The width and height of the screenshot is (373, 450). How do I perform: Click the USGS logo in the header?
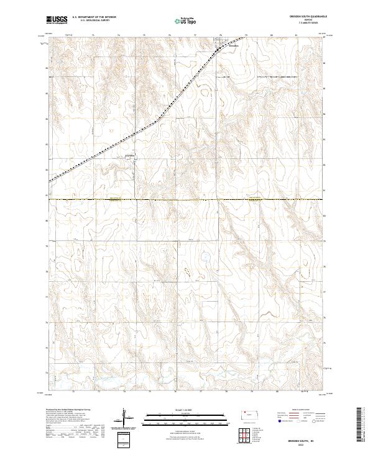[x=57, y=20]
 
